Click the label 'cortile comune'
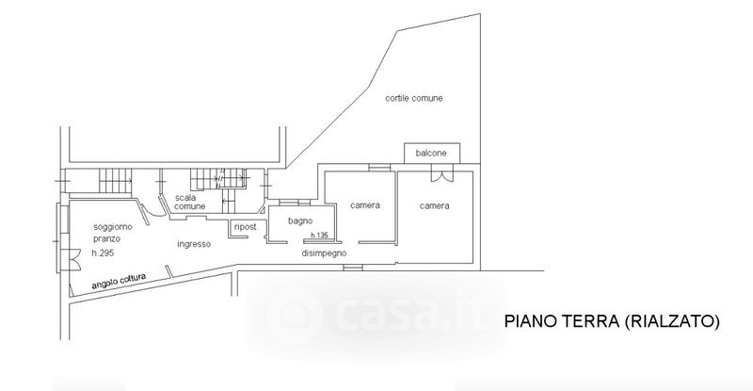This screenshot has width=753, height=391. pos(413,98)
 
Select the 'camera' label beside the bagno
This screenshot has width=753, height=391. pos(364,205)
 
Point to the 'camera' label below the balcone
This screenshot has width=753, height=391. pos(434,205)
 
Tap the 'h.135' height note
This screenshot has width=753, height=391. pos(319,236)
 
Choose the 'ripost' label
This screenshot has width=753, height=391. pos(245,227)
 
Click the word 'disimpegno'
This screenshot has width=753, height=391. pos(325,254)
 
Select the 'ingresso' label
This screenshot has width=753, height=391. pos(193,243)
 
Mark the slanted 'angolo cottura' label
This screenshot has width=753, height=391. pos(120,281)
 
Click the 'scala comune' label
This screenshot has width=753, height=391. pos(191,202)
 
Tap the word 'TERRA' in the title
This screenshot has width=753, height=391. pos(589,321)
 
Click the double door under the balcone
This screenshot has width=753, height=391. pos(439,173)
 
